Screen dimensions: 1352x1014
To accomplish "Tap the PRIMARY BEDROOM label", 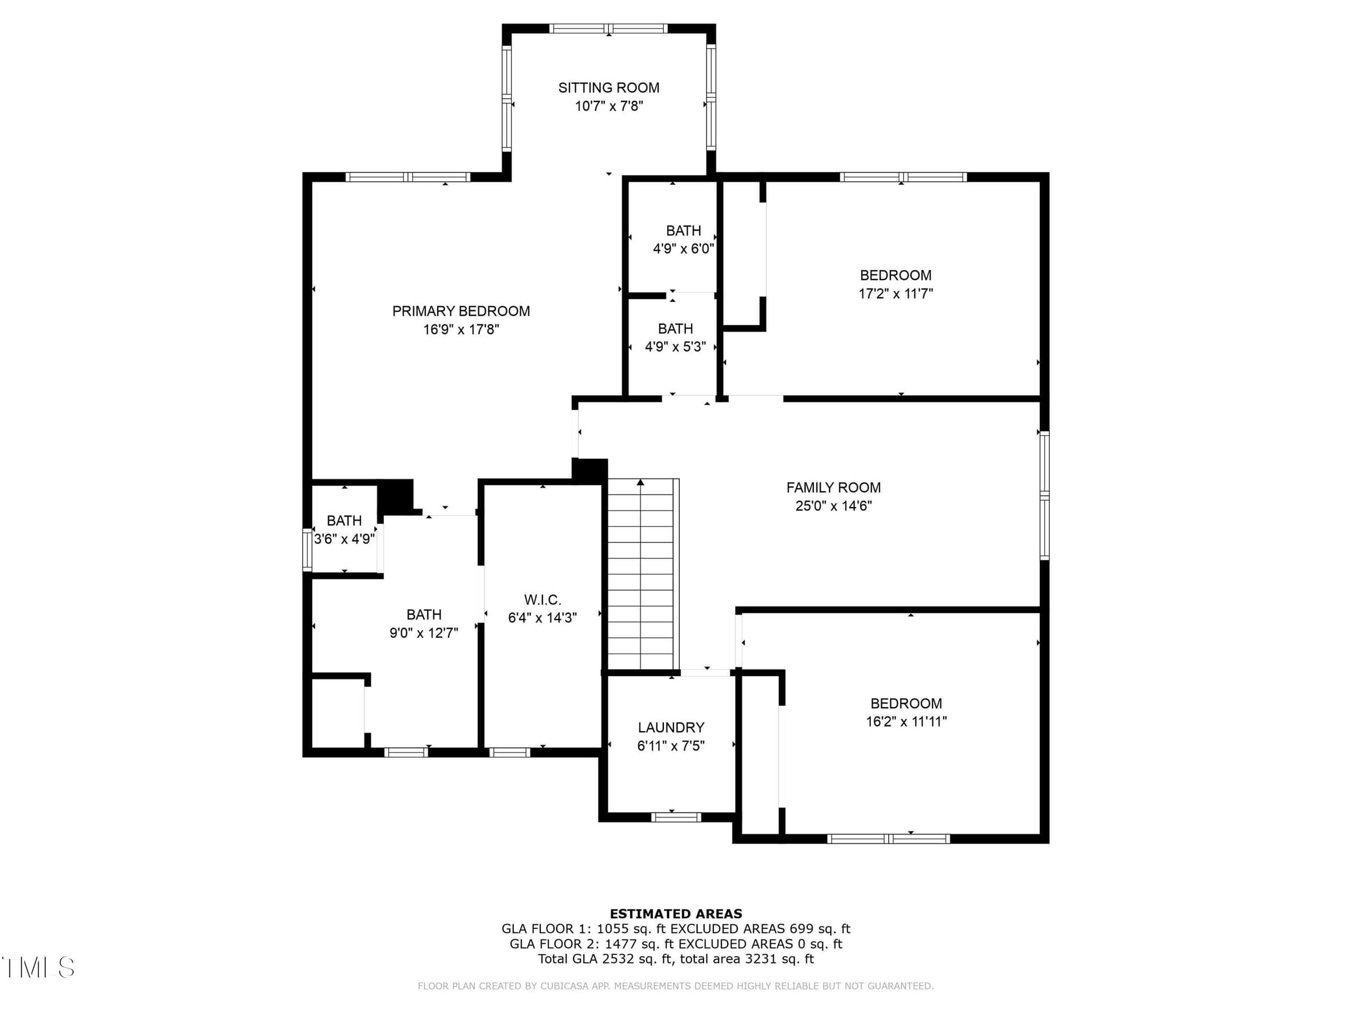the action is click(461, 311).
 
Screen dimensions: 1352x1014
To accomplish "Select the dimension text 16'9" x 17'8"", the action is click(461, 330).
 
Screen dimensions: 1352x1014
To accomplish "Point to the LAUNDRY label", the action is click(671, 727).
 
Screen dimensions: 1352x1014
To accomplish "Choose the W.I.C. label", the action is click(542, 599).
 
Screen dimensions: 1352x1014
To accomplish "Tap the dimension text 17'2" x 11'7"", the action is click(895, 294).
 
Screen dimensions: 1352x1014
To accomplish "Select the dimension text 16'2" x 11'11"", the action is click(906, 721).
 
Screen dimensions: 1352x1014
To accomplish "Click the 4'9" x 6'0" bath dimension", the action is click(683, 249).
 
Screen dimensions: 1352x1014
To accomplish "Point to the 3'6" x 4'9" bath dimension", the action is click(344, 539).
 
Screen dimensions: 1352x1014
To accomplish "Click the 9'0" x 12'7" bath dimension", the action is click(424, 633).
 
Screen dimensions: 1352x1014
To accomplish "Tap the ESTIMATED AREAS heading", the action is click(676, 913).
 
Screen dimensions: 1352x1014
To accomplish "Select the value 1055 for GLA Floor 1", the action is click(613, 928).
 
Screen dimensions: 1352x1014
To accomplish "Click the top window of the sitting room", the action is click(608, 28).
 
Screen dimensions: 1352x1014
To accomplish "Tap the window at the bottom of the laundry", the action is click(675, 817).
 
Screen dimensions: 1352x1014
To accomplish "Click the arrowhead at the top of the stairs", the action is click(640, 482).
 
